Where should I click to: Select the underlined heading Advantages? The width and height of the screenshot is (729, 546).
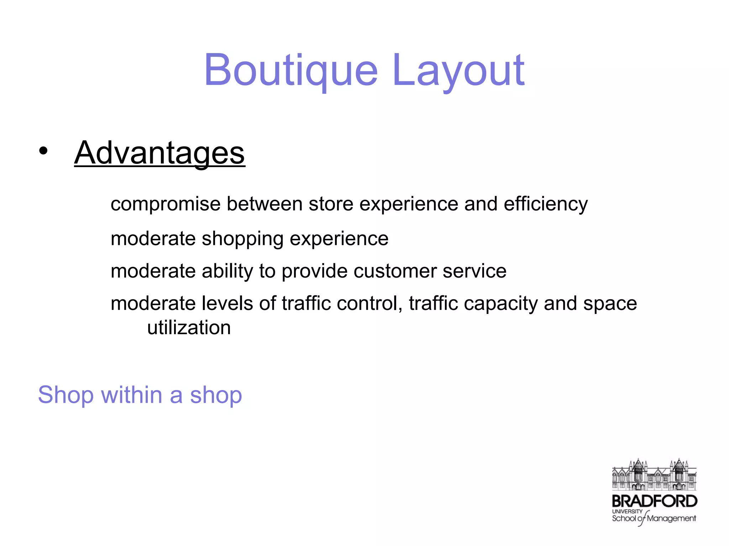click(x=159, y=153)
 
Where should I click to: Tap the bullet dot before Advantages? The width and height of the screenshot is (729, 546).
click(x=43, y=151)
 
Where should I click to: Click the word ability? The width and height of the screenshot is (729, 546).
click(x=227, y=271)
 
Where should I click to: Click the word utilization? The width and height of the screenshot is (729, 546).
click(x=189, y=328)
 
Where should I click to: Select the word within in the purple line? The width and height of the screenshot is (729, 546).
click(x=131, y=395)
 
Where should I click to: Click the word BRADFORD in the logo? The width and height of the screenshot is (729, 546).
click(x=654, y=501)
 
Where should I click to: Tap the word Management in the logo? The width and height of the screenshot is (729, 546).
click(x=671, y=519)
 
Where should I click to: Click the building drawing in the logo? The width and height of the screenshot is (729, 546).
click(x=654, y=475)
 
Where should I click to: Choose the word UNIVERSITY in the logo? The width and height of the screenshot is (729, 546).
click(x=627, y=511)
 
